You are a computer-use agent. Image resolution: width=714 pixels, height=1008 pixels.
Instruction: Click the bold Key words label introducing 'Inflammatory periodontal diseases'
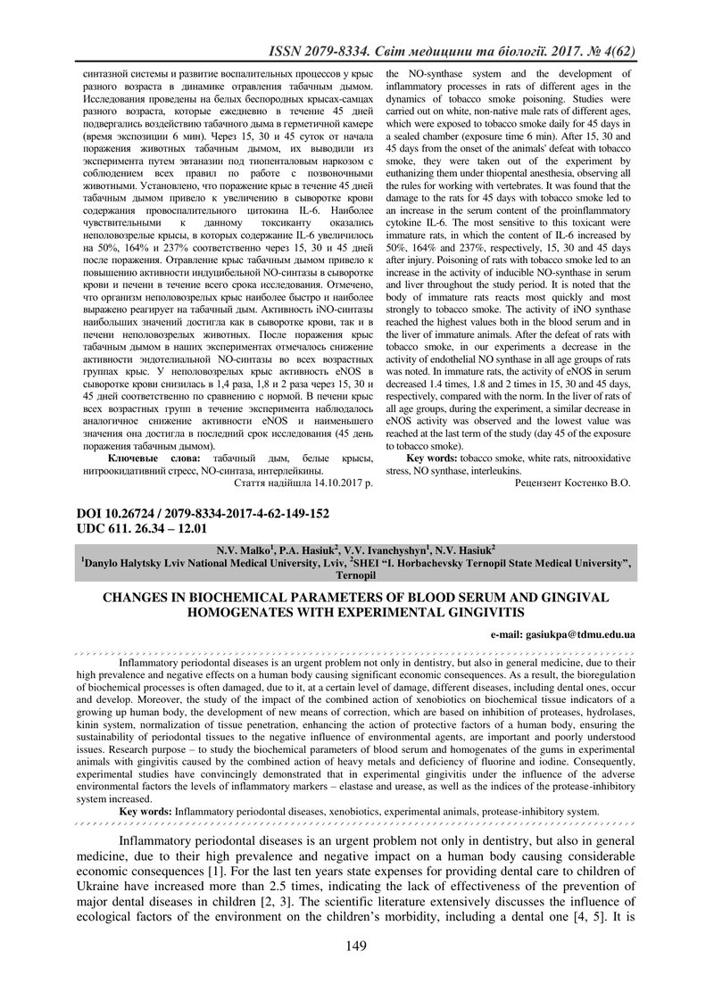point(145,811)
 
